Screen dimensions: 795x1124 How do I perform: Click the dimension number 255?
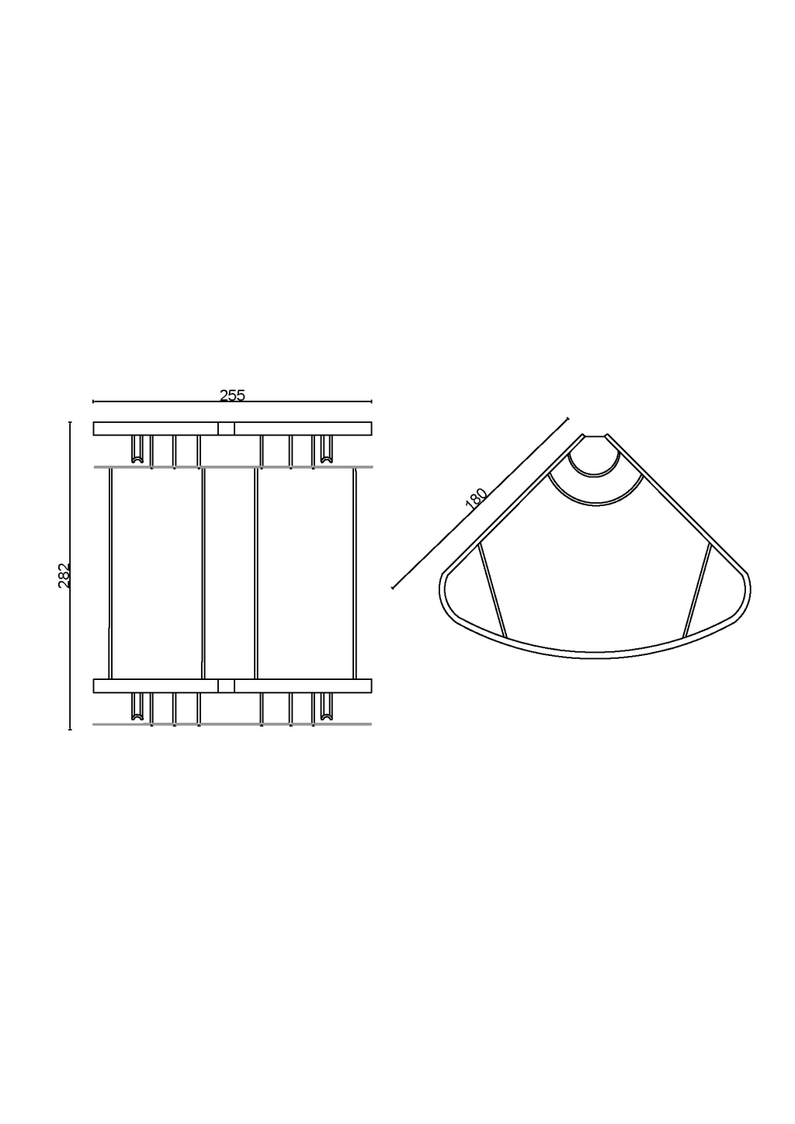232,396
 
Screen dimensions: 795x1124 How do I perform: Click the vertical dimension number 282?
65,575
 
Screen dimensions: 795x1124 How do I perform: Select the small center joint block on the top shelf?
227,428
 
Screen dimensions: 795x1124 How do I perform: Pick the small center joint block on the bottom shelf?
227,686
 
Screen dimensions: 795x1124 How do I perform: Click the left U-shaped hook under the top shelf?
137,449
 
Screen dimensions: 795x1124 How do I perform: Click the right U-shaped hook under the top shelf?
326,449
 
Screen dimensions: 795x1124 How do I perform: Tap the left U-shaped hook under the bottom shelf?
137,707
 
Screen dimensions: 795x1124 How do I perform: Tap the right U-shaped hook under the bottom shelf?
326,707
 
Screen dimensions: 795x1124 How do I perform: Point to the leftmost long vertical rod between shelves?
109,574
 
